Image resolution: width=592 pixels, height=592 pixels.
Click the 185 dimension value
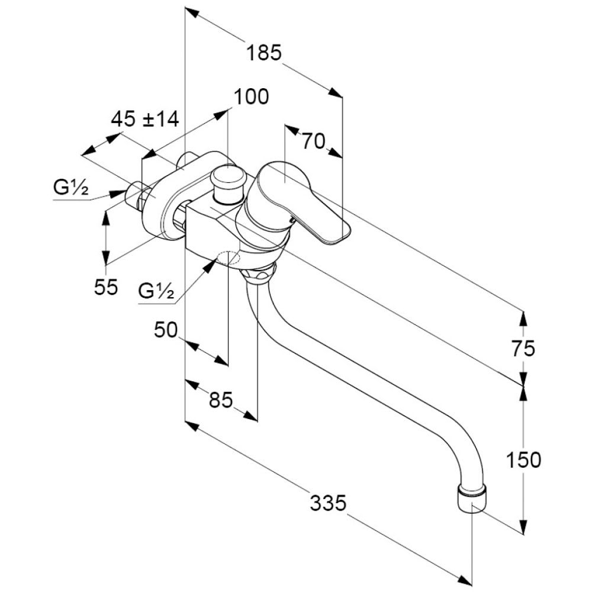click(263, 53)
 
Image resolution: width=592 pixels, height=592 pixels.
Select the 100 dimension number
click(251, 96)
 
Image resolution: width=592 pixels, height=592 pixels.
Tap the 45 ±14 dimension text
click(145, 120)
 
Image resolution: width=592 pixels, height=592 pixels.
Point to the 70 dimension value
click(314, 141)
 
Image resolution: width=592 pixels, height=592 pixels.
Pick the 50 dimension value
click(166, 330)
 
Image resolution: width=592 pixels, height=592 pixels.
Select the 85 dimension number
click(220, 401)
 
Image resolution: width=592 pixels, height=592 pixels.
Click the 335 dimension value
click(327, 504)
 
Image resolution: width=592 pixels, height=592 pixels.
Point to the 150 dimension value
click(523, 459)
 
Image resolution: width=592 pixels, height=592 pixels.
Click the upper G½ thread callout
click(71, 189)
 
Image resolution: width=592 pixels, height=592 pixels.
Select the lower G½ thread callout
click(156, 291)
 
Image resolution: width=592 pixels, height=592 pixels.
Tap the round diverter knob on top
click(229, 178)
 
